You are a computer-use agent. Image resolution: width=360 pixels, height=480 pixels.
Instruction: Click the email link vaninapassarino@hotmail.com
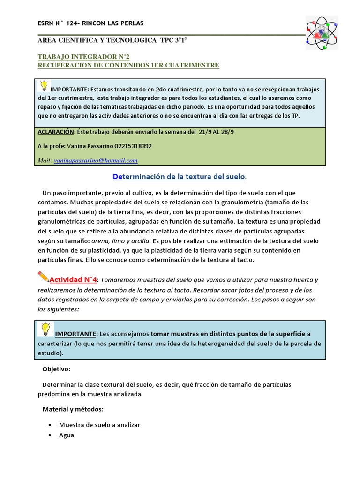[x=96, y=160]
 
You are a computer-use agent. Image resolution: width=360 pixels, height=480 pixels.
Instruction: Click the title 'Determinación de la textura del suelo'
[x=179, y=176]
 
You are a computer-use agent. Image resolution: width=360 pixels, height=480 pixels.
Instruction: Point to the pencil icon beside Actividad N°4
[x=43, y=277]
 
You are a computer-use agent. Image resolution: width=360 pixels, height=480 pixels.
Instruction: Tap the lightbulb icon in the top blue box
[x=44, y=85]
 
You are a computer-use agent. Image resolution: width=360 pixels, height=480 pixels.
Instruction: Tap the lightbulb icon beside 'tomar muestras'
[x=45, y=329]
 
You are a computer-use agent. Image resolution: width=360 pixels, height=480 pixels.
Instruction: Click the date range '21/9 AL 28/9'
[x=216, y=132]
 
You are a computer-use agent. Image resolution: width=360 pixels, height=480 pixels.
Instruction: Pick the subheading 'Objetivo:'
[x=56, y=369]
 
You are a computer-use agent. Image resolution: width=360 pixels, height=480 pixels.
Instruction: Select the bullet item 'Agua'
[x=67, y=435]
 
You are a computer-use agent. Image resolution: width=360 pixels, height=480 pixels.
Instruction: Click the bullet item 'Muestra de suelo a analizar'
[x=99, y=425]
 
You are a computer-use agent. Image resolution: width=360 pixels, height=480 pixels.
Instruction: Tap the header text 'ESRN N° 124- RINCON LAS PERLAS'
[x=90, y=23]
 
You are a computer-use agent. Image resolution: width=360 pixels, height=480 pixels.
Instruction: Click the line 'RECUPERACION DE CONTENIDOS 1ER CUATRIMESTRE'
[x=128, y=66]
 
